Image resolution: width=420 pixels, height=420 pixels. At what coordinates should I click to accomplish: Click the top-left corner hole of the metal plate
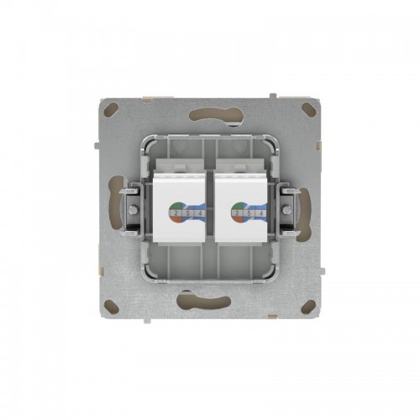(111, 108)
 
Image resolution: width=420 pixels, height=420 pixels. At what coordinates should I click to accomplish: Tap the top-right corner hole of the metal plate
(308, 108)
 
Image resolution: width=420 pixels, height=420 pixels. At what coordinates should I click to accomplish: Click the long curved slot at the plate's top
(210, 114)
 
